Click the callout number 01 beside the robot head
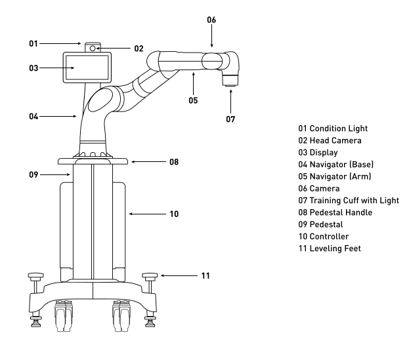coord(33,43)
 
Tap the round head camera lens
coord(93,49)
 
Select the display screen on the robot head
coord(87,68)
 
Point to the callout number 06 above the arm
coord(211,20)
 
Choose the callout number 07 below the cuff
coord(230,119)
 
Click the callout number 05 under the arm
coord(193,100)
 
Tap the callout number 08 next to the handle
coord(174,162)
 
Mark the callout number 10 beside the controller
coord(174,214)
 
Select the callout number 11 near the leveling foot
coord(205,275)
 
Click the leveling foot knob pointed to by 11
coord(150,275)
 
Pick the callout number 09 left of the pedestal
coord(33,174)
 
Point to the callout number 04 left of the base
coord(33,116)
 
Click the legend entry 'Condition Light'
coord(333,129)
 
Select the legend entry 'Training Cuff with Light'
coord(349,200)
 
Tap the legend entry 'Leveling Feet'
coord(330,249)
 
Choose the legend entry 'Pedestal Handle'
coord(335,212)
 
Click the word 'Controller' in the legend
coord(329,236)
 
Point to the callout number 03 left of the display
coord(33,68)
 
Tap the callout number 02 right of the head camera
coord(139,49)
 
